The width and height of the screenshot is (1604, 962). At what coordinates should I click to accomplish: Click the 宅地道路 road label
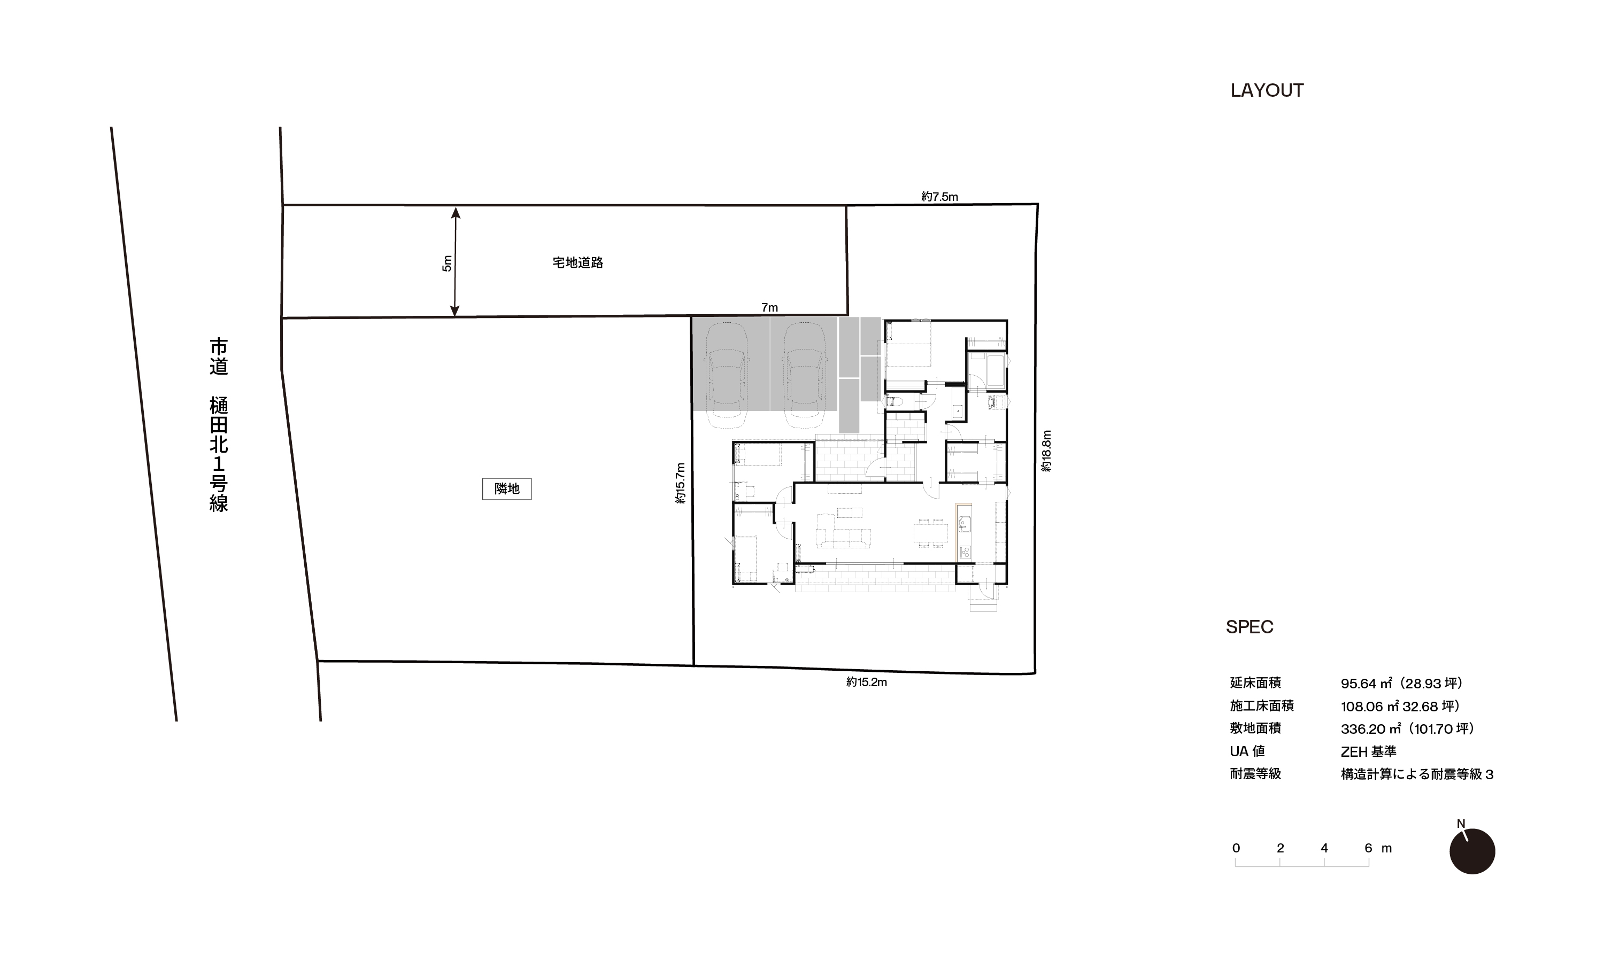point(577,262)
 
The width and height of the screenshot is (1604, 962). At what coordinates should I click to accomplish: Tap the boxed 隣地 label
point(506,489)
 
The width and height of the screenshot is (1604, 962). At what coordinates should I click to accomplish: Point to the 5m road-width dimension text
point(446,263)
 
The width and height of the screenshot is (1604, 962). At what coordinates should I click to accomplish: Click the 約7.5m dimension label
point(939,197)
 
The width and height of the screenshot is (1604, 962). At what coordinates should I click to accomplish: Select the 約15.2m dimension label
point(866,682)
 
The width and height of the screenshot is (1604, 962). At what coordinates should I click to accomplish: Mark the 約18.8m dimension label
point(1046,451)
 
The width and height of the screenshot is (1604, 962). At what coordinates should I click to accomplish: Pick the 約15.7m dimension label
point(680,483)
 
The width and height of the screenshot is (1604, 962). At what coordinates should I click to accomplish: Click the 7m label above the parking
point(769,307)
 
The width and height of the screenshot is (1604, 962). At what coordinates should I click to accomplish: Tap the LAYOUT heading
point(1267,90)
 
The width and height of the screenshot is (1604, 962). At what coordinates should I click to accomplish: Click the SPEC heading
point(1250,627)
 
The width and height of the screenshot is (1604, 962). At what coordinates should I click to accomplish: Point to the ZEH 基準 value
point(1368,751)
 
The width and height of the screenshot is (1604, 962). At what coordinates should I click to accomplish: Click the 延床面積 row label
point(1255,682)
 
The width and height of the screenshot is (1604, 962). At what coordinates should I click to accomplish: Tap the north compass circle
point(1472,851)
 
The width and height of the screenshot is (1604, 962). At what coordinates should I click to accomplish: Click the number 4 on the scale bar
point(1324,848)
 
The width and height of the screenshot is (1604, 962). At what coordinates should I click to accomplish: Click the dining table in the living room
point(930,533)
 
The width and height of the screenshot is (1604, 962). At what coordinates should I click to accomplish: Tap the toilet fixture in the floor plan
point(893,401)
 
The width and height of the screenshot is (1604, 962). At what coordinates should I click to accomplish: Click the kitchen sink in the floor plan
point(964,523)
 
